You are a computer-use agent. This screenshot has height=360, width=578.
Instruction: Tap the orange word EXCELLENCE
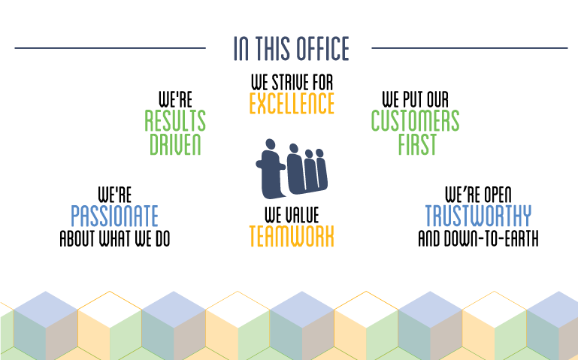coord(292,104)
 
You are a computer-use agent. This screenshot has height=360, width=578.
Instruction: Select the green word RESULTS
coord(175,120)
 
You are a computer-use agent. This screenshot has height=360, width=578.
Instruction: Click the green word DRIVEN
coord(175,144)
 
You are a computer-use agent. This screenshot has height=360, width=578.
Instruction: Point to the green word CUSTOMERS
coord(415,120)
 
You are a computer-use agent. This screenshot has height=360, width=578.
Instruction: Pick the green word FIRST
coord(417,144)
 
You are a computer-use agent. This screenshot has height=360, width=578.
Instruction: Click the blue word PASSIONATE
coord(115,216)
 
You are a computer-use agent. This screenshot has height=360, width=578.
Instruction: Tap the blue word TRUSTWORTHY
coord(479,216)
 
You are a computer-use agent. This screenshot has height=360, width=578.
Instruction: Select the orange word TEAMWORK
coord(292,236)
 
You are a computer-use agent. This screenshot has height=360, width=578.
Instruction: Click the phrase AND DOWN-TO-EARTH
coord(479,238)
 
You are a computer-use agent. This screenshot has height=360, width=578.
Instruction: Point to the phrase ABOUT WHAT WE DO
coord(115,238)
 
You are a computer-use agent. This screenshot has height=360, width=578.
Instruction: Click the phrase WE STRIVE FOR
coord(292,82)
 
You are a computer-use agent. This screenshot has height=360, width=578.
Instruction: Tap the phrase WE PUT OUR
coord(416,99)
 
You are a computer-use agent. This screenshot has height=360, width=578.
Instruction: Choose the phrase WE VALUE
coord(292,215)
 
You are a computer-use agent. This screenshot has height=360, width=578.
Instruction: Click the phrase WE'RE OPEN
coord(479,194)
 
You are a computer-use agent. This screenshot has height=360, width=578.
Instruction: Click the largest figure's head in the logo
coord(271,144)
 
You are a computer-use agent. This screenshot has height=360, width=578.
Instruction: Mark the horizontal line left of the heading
coord(110,48)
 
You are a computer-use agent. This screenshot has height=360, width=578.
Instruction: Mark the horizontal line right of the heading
coord(470,48)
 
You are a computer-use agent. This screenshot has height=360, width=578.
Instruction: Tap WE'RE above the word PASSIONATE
coord(115,195)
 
